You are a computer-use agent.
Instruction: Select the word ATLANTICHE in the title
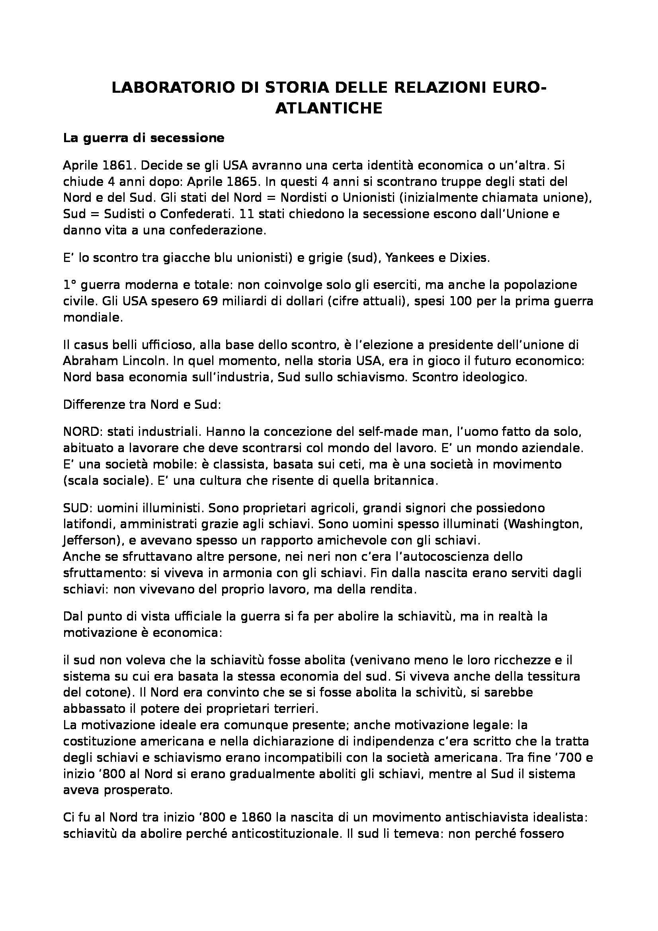[x=329, y=108]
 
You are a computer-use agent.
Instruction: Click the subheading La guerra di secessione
[x=144, y=138]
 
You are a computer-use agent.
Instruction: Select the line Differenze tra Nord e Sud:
[x=142, y=405]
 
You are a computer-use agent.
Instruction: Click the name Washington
[x=543, y=524]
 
